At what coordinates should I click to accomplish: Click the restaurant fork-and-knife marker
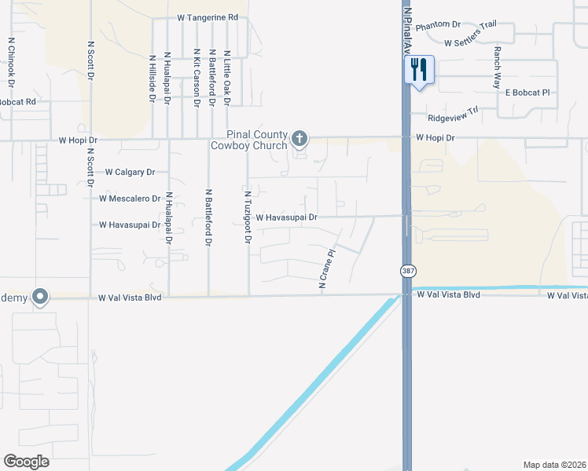tap(418, 70)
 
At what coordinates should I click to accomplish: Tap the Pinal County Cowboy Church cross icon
tap(299, 139)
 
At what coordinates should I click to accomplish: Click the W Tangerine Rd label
tap(208, 17)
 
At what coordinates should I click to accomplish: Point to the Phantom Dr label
tap(438, 26)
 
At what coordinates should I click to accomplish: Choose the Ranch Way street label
tap(498, 64)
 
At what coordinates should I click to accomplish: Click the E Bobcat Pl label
tap(527, 93)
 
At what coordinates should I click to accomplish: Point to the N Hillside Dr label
tap(152, 78)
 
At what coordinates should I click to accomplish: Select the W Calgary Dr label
tap(130, 172)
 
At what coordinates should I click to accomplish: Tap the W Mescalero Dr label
tap(130, 199)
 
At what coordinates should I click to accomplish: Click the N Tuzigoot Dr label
tap(247, 216)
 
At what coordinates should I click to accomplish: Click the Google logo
tap(26, 461)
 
